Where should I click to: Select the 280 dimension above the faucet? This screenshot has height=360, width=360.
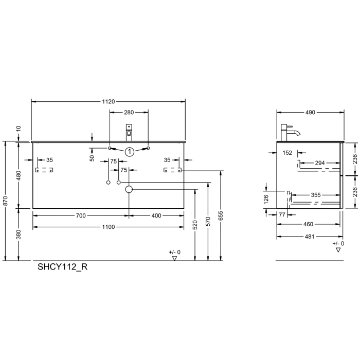129,113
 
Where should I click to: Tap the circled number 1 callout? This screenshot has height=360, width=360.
129,151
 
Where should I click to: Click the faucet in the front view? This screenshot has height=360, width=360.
129,132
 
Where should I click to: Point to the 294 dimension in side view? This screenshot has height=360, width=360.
319,163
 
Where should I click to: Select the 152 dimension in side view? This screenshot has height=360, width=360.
287,153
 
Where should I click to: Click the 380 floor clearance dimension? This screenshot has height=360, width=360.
19,234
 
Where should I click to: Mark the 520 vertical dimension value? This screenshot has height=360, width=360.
195,225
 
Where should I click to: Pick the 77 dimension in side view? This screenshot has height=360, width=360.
282,215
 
